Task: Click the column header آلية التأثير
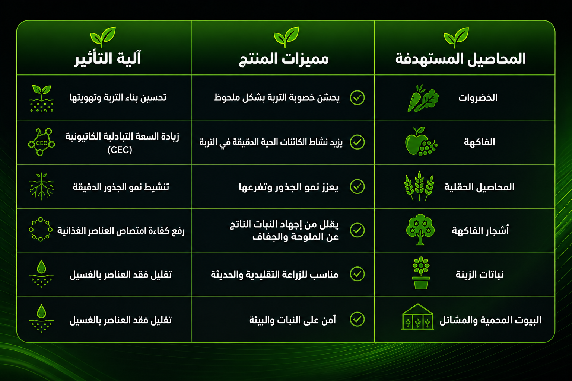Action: pos(108,58)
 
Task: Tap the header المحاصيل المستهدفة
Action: pos(461,59)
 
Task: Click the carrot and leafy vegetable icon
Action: pos(423,98)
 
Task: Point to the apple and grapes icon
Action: pos(421,141)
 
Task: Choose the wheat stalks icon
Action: pos(419,186)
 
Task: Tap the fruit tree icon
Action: pos(420,230)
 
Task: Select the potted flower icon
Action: pos(421,273)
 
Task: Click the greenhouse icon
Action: pos(417,317)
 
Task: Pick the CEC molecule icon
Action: pos(41,142)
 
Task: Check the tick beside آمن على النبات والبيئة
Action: pos(357,319)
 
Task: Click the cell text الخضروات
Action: pos(478,98)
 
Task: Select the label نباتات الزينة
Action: pos(480,275)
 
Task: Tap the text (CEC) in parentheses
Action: pos(120,150)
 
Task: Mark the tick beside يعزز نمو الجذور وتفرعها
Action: pos(357,186)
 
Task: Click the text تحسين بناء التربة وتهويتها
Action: pos(118,98)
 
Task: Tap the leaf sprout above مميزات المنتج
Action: pos(286,37)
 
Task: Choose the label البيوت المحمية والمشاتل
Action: pos(490,320)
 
